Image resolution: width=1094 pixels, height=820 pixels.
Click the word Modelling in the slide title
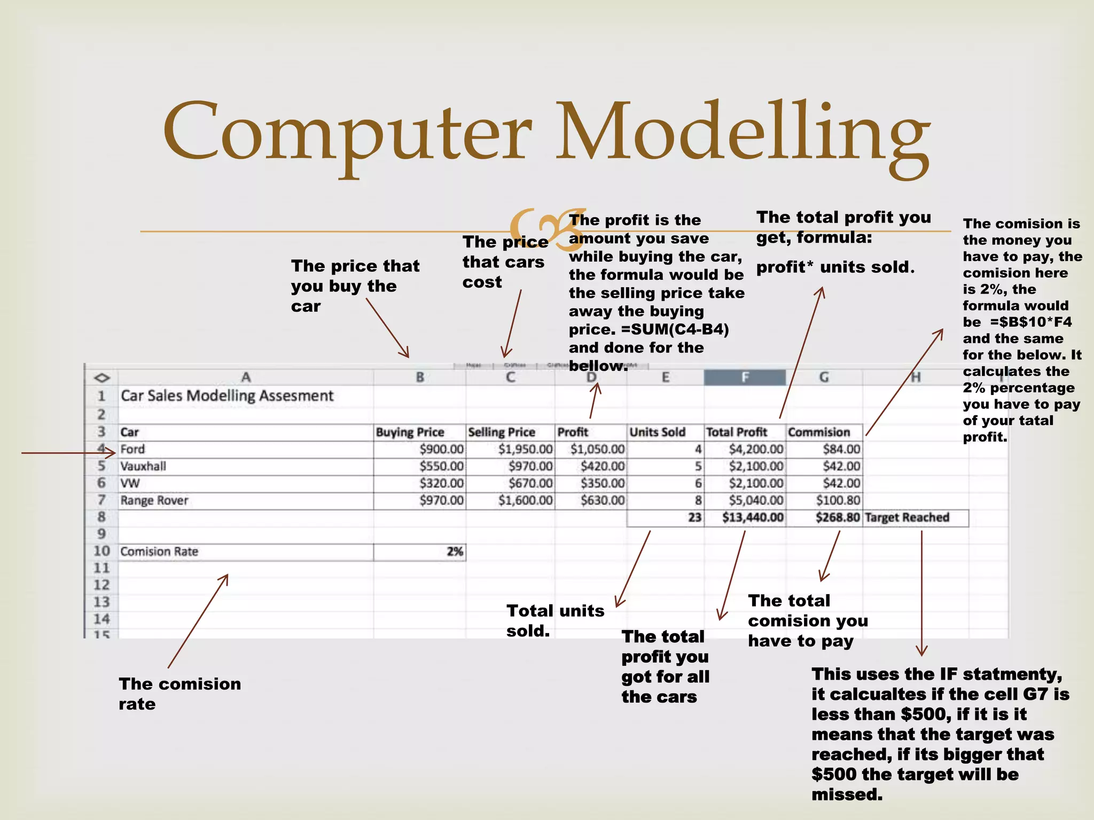(743, 133)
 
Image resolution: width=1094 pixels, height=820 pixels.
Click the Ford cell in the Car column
(132, 449)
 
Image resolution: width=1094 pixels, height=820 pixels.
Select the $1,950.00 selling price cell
(525, 449)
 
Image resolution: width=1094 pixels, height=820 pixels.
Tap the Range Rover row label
(154, 500)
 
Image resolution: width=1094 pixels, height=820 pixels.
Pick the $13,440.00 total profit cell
(752, 517)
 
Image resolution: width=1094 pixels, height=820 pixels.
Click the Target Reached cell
(907, 517)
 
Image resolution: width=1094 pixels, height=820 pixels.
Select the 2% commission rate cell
(455, 551)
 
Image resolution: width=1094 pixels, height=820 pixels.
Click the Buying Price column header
(410, 432)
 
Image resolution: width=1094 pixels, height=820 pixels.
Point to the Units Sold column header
(657, 432)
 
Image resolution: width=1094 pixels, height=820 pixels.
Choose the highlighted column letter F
(745, 377)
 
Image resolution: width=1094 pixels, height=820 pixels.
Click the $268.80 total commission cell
(837, 517)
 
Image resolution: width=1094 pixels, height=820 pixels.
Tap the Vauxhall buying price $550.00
(441, 466)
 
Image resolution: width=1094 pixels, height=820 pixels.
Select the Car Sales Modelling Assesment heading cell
(227, 396)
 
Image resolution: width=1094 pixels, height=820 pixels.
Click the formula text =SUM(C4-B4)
(675, 329)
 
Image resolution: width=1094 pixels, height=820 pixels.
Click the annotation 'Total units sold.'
(555, 620)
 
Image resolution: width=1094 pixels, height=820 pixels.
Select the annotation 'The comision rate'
(179, 693)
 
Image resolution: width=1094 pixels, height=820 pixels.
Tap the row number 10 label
(101, 551)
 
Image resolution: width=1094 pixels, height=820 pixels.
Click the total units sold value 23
(694, 517)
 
